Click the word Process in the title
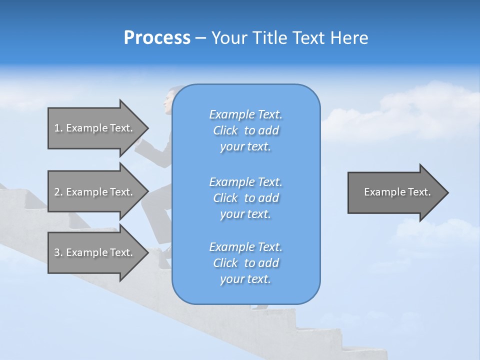click(157, 38)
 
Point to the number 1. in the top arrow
click(58, 128)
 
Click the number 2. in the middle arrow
click(58, 192)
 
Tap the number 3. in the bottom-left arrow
click(58, 252)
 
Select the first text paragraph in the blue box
click(245, 130)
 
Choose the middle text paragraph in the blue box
click(245, 198)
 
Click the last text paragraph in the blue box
click(245, 263)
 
